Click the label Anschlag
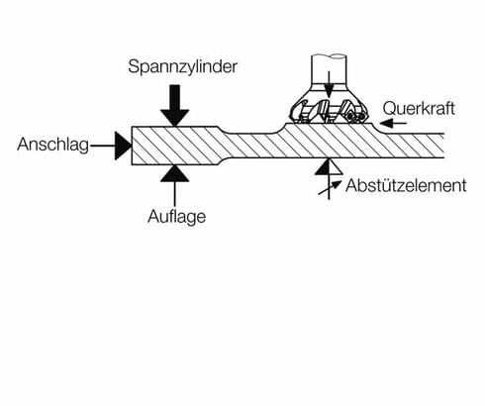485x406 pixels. (50, 145)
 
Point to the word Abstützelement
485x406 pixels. (405, 184)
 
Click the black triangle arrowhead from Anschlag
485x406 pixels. (123, 146)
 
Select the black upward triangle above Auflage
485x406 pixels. (174, 173)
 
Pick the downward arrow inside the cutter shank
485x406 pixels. (328, 86)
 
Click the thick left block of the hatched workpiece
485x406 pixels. (174, 145)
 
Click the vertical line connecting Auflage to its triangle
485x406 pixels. (174, 194)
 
